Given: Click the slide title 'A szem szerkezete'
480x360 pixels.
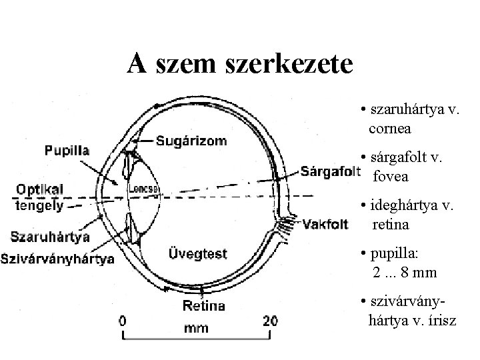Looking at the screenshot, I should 240,64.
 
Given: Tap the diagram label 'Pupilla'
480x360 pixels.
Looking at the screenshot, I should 67,151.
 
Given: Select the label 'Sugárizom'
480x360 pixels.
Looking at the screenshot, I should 191,140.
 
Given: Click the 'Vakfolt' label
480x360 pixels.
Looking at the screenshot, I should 326,223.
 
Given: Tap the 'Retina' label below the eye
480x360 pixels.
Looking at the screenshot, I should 203,306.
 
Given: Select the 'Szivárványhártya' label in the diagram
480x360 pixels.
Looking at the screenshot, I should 57,258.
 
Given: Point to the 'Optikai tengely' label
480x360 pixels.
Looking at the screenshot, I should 39,197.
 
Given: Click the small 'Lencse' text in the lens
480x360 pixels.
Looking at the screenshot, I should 144,189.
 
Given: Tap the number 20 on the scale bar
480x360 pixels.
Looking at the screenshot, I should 269,320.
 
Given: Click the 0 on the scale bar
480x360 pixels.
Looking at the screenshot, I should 123,320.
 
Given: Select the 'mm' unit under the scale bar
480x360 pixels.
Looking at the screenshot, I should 195,327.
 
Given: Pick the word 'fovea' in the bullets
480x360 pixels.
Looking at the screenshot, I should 391,177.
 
